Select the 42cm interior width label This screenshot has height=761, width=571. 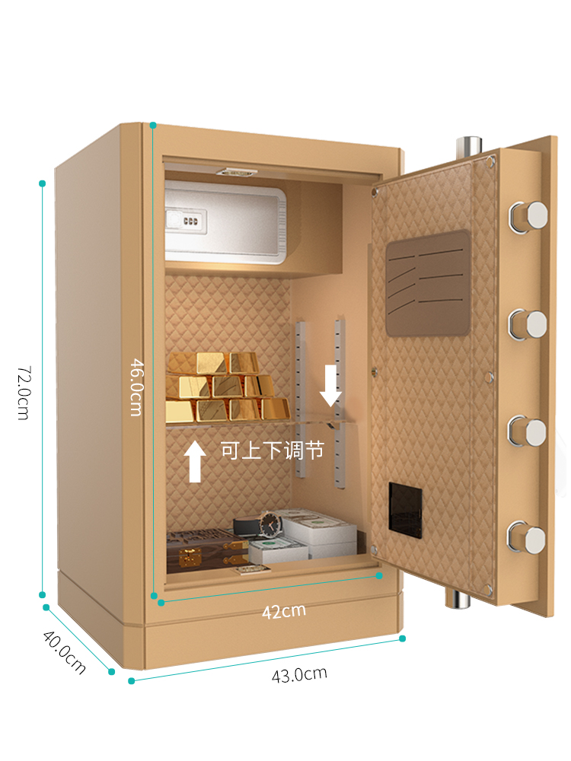(x=283, y=610)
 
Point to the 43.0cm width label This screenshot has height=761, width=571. (x=299, y=673)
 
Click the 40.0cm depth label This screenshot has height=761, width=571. (x=64, y=653)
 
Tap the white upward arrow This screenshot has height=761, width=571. (x=195, y=460)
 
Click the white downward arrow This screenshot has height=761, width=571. (x=330, y=385)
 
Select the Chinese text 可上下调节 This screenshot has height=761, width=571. (x=273, y=451)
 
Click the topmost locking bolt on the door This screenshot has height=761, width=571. (x=529, y=215)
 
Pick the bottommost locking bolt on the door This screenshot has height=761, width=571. (x=528, y=537)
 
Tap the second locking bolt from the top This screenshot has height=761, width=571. (x=529, y=324)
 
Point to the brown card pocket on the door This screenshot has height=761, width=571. (x=428, y=282)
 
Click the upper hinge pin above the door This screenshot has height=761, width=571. (x=467, y=146)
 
